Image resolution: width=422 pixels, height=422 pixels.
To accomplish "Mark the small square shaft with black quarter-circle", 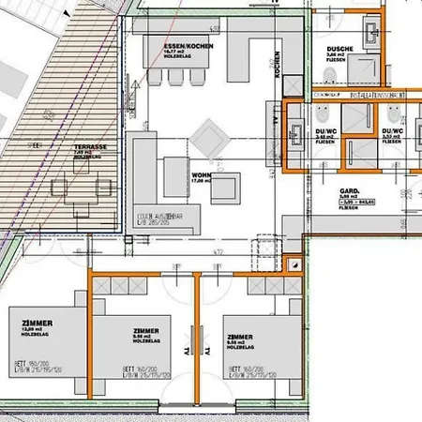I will (291, 241).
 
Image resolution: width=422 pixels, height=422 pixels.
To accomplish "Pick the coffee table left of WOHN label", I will (177, 173).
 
